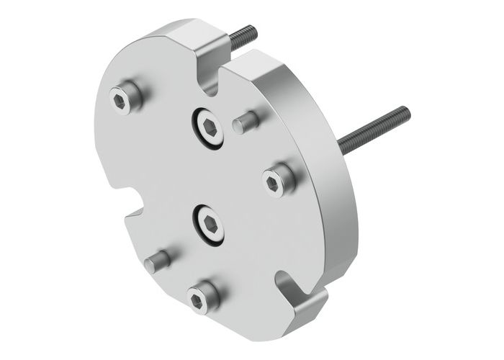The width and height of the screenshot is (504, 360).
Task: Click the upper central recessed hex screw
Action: click(x=207, y=127)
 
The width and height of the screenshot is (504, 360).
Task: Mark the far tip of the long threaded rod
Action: click(x=405, y=111)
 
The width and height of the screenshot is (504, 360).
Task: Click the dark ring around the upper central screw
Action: click(x=196, y=133)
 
